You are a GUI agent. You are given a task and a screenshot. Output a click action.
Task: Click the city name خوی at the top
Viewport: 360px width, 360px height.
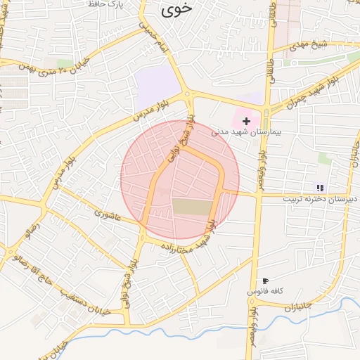(x=176, y=11)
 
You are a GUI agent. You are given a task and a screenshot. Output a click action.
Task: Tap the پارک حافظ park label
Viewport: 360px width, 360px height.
(x=105, y=4)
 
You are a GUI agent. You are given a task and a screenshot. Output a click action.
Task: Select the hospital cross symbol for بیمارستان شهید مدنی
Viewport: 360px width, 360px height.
(x=246, y=121)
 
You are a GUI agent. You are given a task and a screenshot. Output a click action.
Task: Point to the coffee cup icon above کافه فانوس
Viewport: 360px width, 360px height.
(x=264, y=281)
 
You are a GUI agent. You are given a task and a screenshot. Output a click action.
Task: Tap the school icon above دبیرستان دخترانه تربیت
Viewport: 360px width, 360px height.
(x=320, y=188)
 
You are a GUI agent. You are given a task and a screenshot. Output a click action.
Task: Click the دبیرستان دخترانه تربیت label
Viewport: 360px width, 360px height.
(x=316, y=198)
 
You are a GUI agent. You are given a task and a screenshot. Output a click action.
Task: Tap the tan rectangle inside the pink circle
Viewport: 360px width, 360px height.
(x=192, y=207)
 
